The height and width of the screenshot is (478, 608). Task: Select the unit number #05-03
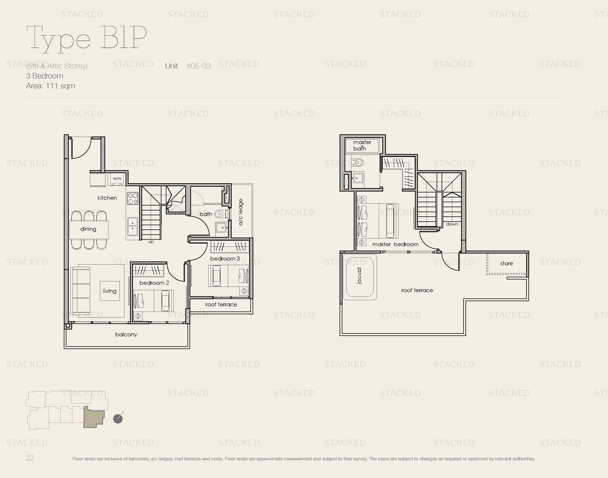pyautogui.click(x=199, y=66)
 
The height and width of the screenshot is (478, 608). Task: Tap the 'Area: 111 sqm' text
pyautogui.click(x=50, y=86)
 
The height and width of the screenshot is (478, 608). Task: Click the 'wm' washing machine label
pyautogui.click(x=117, y=178)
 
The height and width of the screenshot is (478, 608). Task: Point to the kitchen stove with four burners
pyautogui.click(x=133, y=198)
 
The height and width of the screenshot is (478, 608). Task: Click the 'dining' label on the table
pyautogui.click(x=88, y=229)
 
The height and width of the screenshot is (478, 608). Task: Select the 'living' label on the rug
pyautogui.click(x=110, y=291)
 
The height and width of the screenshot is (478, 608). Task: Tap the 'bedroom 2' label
pyautogui.click(x=154, y=283)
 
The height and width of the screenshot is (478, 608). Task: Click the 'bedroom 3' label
pyautogui.click(x=225, y=259)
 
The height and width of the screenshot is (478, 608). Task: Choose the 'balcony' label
pyautogui.click(x=126, y=334)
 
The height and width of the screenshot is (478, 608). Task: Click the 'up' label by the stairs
pyautogui.click(x=151, y=242)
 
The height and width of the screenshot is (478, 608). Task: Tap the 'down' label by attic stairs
pyautogui.click(x=452, y=224)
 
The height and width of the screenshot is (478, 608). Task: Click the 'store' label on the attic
pyautogui.click(x=507, y=263)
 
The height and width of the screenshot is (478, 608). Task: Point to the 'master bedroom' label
pyautogui.click(x=395, y=244)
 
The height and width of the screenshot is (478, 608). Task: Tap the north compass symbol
pyautogui.click(x=118, y=418)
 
